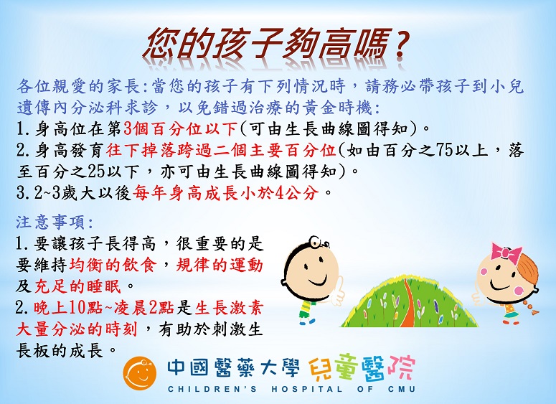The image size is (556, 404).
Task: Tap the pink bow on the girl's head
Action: click(x=506, y=252)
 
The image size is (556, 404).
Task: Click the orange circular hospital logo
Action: click(x=140, y=373)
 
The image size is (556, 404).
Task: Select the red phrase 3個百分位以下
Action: click(x=180, y=129)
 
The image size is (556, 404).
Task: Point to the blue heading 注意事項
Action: click(x=55, y=222)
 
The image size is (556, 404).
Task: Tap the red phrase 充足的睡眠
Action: click(x=78, y=286)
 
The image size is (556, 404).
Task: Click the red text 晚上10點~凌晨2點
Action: click(x=104, y=308)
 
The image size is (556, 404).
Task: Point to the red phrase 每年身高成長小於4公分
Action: click(x=225, y=194)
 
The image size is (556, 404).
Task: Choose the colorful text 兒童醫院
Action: click(x=362, y=368)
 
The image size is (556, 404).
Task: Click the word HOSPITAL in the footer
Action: click(x=307, y=390)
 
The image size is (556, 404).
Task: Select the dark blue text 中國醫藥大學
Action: click(x=233, y=368)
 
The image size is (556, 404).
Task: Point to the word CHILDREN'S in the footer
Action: click(x=212, y=390)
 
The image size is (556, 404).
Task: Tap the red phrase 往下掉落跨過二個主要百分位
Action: click(x=221, y=151)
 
